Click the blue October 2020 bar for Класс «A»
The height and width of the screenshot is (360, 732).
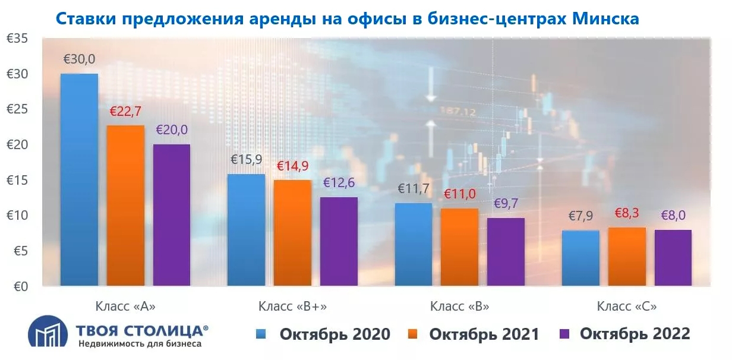tap(79, 180)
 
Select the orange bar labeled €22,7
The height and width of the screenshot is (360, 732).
tap(125, 206)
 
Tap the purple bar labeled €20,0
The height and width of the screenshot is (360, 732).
tap(172, 215)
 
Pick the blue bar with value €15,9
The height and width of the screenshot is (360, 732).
tap(247, 230)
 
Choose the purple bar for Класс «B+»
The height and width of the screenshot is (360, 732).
tap(339, 241)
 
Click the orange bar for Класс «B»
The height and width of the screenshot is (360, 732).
tap(460, 247)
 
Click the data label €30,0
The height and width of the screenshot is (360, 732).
tap(79, 59)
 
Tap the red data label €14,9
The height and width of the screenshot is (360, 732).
tap(294, 166)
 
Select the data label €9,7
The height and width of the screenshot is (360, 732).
tap(506, 204)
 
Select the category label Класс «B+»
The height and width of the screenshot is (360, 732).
tap(292, 307)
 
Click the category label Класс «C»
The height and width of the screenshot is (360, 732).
tap(627, 307)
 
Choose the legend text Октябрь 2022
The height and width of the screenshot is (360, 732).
tap(635, 334)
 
